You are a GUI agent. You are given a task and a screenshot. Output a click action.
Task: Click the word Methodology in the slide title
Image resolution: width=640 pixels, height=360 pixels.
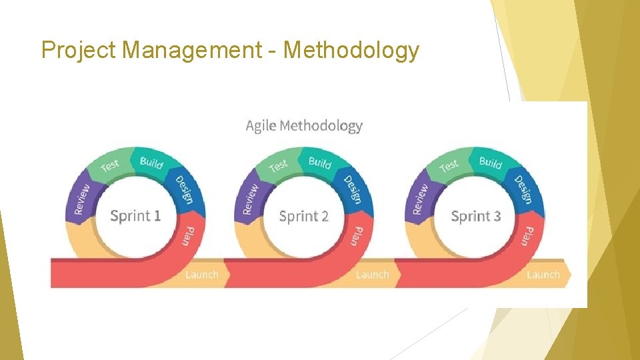click(351, 51)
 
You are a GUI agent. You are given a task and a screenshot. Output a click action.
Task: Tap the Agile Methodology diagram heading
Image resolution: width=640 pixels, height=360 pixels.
click(304, 125)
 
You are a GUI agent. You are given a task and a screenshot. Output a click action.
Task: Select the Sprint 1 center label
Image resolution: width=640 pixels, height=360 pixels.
click(135, 216)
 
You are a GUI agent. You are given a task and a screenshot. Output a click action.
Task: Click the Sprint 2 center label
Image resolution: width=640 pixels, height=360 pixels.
click(304, 216)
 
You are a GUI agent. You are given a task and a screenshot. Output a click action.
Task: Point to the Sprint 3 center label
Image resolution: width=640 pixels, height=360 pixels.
click(476, 216)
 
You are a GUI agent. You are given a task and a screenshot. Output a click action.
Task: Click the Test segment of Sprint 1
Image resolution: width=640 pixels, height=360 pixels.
click(110, 165)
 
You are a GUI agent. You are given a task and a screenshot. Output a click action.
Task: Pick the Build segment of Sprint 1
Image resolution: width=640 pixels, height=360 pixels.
click(152, 162)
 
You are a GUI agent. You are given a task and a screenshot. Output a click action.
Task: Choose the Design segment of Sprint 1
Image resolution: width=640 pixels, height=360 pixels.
click(185, 189)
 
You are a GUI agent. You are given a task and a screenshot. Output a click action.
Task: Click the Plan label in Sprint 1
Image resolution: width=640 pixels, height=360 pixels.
click(189, 235)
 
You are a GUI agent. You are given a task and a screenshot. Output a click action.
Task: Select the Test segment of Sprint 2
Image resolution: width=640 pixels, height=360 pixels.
click(278, 165)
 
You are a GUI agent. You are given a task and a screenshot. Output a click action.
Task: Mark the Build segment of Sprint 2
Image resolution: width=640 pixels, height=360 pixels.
click(320, 162)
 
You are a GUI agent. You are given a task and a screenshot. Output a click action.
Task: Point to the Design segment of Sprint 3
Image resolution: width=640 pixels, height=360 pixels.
click(523, 189)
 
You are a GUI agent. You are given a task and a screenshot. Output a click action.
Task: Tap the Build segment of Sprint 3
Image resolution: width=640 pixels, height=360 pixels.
click(491, 162)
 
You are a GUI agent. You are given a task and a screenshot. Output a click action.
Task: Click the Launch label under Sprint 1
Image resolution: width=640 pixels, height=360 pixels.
click(201, 274)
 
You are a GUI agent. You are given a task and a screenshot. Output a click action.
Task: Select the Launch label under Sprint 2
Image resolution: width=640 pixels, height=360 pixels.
click(372, 274)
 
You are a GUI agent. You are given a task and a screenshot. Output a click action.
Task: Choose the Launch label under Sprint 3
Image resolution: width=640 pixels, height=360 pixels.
click(543, 274)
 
